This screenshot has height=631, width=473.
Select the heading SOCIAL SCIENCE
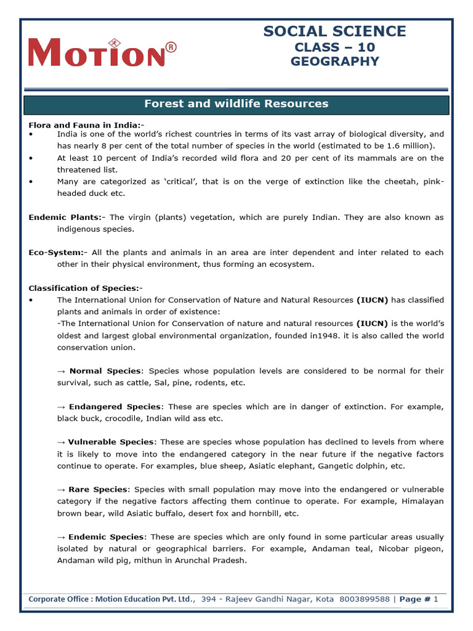click(x=334, y=31)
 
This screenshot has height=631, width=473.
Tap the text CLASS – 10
click(x=334, y=47)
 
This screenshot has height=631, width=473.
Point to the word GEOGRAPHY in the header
click(x=334, y=61)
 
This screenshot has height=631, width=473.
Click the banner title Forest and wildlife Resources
click(x=236, y=104)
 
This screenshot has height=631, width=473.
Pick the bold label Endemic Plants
click(x=65, y=217)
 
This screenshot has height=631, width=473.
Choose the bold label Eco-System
click(x=55, y=253)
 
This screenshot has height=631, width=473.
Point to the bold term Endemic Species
click(x=107, y=537)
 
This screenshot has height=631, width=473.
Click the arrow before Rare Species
click(x=61, y=489)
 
